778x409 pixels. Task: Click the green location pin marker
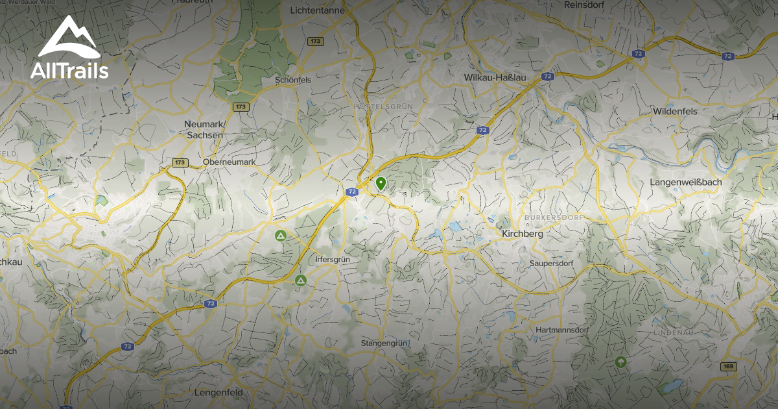(x=381, y=184)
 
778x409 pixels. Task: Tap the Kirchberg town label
(x=522, y=232)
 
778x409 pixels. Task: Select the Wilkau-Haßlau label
(x=494, y=77)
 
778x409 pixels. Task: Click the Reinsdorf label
(x=584, y=5)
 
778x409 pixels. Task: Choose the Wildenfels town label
(x=675, y=111)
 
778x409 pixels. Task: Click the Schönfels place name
(x=294, y=79)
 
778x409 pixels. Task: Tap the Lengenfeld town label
(x=218, y=393)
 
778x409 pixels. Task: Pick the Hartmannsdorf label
(x=562, y=330)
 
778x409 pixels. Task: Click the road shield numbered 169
(x=728, y=367)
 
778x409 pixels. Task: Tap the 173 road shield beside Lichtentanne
(x=315, y=42)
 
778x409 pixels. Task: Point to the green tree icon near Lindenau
(x=621, y=361)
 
